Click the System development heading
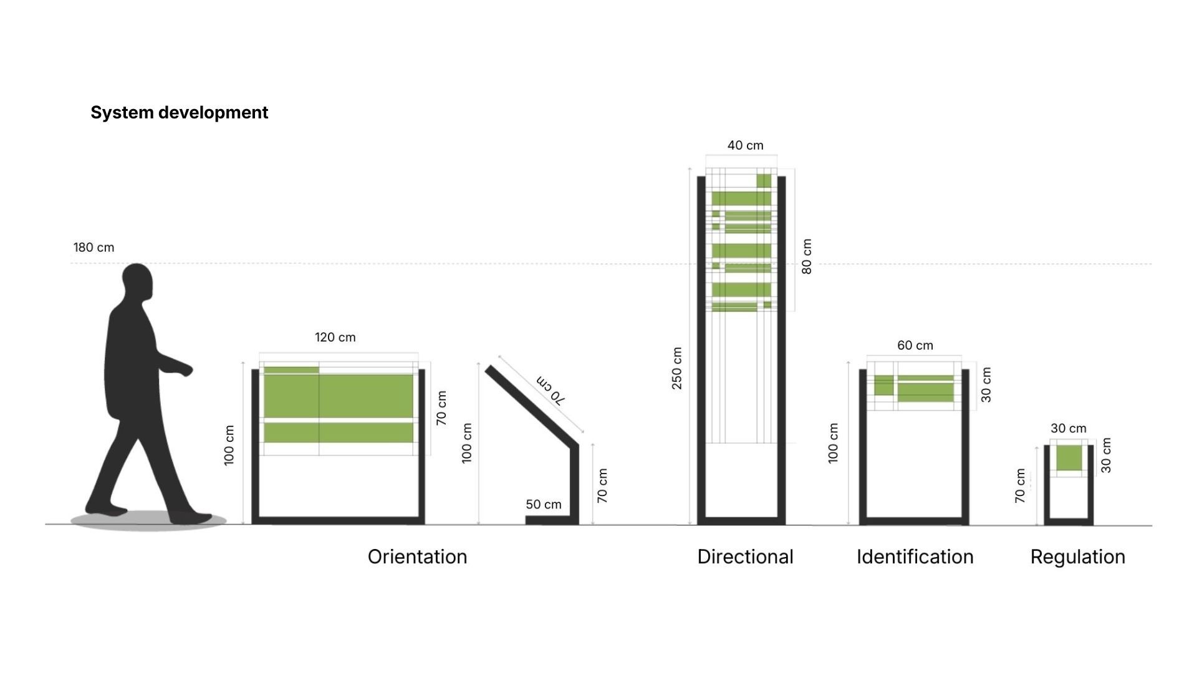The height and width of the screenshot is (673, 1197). (179, 113)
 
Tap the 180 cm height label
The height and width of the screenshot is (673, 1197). (94, 247)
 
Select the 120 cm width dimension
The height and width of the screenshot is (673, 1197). (335, 338)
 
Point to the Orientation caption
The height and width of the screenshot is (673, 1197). (417, 556)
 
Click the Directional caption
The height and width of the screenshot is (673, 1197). (745, 556)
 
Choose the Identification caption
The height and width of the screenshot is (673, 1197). (915, 556)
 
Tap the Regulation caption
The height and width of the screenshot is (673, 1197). (1077, 556)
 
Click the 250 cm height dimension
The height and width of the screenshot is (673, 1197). (677, 368)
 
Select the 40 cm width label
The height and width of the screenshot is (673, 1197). (745, 146)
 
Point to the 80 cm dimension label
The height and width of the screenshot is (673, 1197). (807, 256)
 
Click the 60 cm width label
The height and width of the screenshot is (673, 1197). (915, 346)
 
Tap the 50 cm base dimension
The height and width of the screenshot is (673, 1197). (543, 505)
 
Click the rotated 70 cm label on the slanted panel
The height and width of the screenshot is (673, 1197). (550, 391)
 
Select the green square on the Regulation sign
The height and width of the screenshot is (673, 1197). (1069, 458)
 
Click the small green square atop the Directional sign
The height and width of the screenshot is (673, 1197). (764, 181)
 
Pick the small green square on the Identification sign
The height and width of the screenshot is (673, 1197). (883, 385)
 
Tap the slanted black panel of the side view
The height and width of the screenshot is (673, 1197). (530, 405)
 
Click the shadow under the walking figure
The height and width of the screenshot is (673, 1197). (148, 521)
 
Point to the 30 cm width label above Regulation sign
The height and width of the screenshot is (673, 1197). (1068, 429)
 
